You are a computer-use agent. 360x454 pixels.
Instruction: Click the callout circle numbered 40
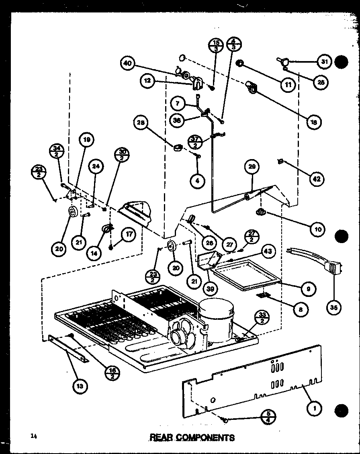127,63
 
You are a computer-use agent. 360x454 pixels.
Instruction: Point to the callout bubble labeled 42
317,179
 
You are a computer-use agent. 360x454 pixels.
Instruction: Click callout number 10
317,229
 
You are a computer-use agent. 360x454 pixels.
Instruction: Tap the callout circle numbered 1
314,409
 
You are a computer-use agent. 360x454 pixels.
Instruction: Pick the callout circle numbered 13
80,387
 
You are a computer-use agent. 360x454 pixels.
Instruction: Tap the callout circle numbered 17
129,236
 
